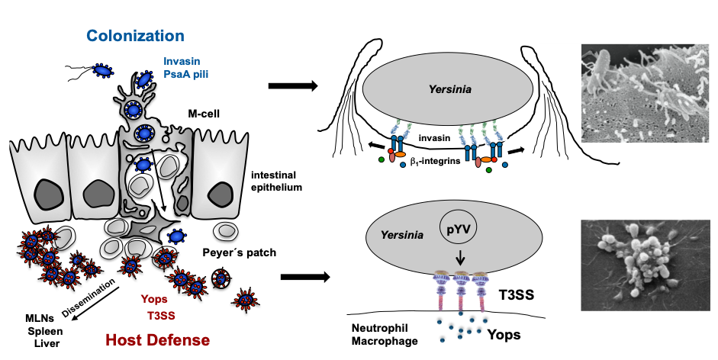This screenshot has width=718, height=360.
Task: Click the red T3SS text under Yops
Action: (x=158, y=313)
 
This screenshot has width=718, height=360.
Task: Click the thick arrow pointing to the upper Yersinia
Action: (x=293, y=85)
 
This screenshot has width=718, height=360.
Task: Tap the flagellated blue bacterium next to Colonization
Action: (x=100, y=71)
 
